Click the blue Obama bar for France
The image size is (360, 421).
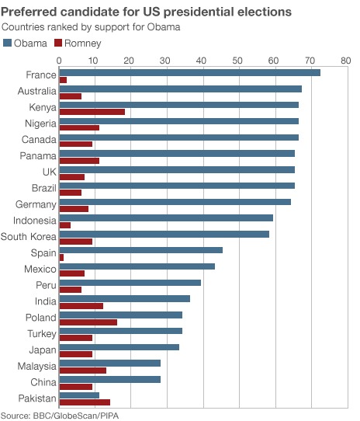[x=189, y=72]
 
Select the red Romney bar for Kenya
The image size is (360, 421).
[x=92, y=112]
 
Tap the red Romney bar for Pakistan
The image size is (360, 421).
[x=85, y=402]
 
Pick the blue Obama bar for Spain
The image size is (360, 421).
[x=140, y=249]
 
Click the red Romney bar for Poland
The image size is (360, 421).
[x=88, y=322]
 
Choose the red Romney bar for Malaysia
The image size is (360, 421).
[x=82, y=371]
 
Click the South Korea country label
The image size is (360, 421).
[x=29, y=237]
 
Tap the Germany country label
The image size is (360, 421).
[x=36, y=204]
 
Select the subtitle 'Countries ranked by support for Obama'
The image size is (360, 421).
[x=92, y=27]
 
